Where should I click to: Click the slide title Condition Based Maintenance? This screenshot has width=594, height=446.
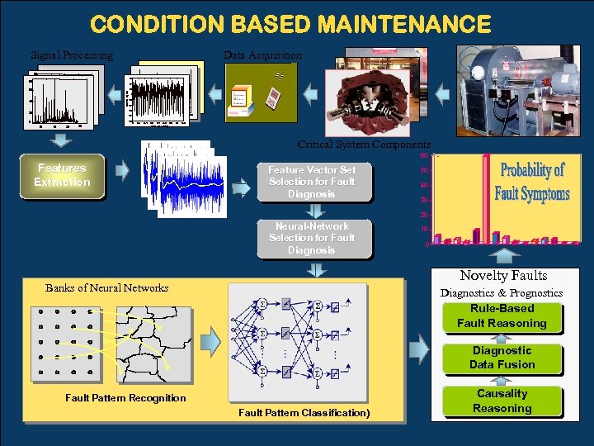pos(290,24)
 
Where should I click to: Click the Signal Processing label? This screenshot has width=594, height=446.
pos(72,55)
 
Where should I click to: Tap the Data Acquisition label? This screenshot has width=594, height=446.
pos(262,55)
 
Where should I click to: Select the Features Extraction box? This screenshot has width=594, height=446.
pos(63,175)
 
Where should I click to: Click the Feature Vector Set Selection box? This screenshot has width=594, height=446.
pos(311,182)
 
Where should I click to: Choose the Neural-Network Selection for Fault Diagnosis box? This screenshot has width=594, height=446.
pos(311,238)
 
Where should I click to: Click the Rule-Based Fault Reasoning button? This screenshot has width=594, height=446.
pos(502,316)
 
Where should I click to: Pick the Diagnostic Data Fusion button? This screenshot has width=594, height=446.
pos(502,358)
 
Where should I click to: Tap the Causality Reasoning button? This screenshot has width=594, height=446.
pos(502,401)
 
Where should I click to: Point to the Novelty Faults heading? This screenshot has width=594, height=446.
pos(503,276)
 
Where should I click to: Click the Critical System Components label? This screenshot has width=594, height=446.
pos(364,144)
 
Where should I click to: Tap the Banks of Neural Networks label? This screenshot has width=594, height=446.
pos(107,288)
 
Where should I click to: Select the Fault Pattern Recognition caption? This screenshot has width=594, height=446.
pos(125,398)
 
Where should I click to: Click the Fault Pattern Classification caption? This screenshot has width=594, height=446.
pos(304,412)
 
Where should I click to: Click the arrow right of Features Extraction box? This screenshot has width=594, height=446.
pos(122,171)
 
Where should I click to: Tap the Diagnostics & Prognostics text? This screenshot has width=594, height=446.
pos(502,293)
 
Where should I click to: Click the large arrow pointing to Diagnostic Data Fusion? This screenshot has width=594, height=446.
pos(419,350)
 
